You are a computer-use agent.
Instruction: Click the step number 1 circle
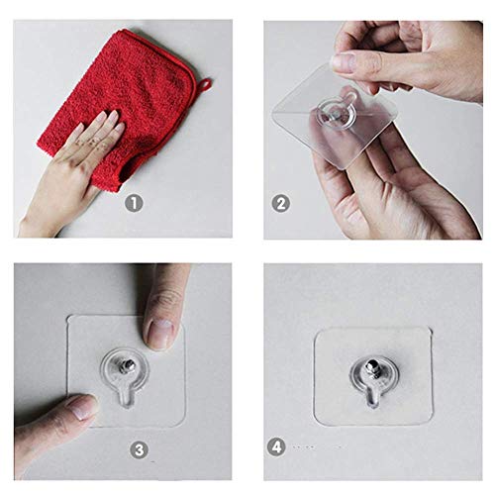tap(134, 203)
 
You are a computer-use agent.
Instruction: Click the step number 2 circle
tap(281, 203)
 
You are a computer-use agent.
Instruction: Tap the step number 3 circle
tap(139, 449)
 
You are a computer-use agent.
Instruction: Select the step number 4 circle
tap(276, 446)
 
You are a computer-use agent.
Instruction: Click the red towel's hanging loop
tap(205, 84)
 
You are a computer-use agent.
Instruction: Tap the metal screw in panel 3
tap(127, 365)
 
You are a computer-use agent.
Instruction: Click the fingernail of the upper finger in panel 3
tap(160, 333)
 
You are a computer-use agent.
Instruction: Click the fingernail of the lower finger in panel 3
tap(83, 406)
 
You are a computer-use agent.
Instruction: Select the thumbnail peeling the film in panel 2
tap(343, 61)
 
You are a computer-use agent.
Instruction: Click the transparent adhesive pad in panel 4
tap(373, 376)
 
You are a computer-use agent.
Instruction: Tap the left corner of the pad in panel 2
tap(273, 113)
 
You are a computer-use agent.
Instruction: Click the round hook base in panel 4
tap(374, 374)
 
